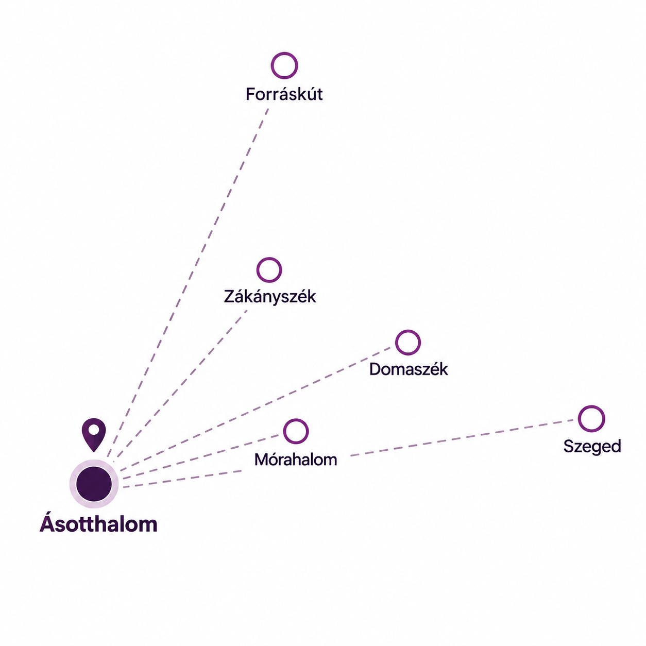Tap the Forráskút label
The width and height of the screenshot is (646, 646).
click(x=284, y=94)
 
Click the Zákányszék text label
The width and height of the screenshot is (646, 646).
click(x=270, y=297)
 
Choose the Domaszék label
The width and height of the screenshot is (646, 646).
click(x=409, y=369)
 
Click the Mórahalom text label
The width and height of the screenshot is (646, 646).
click(x=296, y=460)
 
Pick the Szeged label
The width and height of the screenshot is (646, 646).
click(x=592, y=447)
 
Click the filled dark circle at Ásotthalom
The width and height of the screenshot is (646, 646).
click(x=94, y=484)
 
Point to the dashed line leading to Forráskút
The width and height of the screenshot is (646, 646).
click(x=188, y=283)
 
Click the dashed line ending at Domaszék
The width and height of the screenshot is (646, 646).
click(x=256, y=409)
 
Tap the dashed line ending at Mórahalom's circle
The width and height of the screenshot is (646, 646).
click(x=200, y=457)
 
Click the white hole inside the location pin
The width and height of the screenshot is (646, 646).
click(x=94, y=430)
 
